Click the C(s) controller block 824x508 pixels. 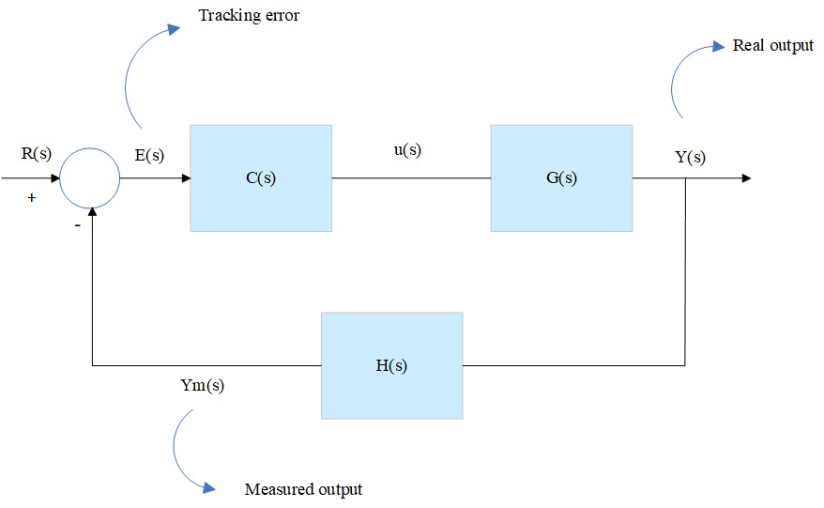(x=260, y=177)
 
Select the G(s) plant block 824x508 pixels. (x=560, y=177)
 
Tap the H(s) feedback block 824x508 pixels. (x=391, y=365)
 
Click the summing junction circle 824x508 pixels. (x=90, y=177)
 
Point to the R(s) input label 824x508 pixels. (x=36, y=153)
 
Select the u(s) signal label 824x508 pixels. (x=406, y=149)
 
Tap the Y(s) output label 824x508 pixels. (x=690, y=157)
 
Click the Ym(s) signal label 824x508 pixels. (x=202, y=385)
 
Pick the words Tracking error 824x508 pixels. (x=249, y=16)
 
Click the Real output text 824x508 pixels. (x=772, y=45)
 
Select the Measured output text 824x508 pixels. (x=303, y=489)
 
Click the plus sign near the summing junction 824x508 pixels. (x=31, y=199)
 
